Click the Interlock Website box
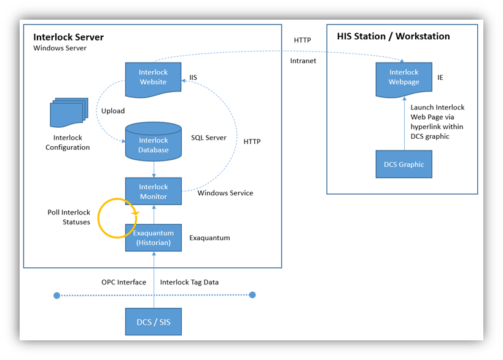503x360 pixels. (153, 78)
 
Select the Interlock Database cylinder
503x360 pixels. (153, 145)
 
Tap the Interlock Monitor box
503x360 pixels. (153, 191)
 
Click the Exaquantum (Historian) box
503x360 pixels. (153, 237)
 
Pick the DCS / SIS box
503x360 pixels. (153, 322)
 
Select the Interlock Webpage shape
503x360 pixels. (404, 78)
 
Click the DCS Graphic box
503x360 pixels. (404, 164)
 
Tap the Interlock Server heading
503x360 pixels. (68, 37)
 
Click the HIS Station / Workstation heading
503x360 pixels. (393, 36)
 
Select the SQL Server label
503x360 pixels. (208, 138)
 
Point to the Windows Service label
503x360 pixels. (225, 193)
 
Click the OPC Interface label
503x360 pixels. (123, 282)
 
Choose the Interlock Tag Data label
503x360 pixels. (189, 282)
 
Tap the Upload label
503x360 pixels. (113, 111)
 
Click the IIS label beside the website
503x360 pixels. (193, 77)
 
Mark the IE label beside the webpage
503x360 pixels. (440, 78)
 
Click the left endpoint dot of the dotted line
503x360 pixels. (57, 295)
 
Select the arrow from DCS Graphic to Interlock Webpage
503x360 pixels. (404, 125)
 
